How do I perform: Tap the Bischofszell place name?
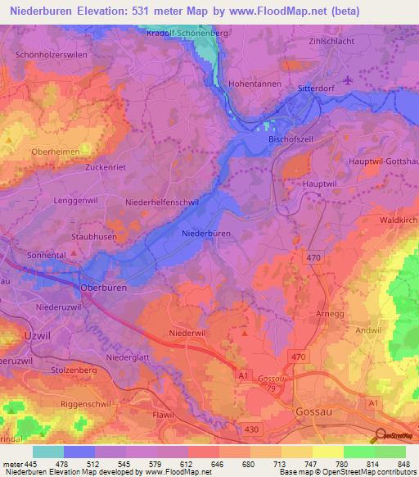[x=291, y=139]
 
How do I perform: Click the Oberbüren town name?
[x=105, y=288]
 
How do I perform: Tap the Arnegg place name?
[x=331, y=313]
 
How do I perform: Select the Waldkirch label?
[x=399, y=221]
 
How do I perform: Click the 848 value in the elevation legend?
[x=403, y=464]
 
